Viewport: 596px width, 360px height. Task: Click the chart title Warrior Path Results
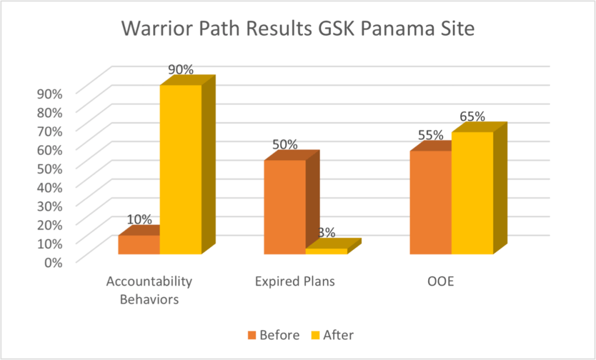298,29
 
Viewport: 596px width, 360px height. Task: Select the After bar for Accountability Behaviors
181,169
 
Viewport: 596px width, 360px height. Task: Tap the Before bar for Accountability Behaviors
139,244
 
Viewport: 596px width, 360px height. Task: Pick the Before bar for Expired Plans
284,207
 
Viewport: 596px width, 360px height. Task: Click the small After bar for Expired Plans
326,250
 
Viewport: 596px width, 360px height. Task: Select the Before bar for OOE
431,202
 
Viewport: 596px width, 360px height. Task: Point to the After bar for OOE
472,193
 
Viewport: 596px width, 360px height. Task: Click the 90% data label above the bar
181,69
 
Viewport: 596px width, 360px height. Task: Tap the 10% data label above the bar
139,220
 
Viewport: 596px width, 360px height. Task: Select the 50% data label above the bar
284,144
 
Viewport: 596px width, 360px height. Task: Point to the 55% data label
431,135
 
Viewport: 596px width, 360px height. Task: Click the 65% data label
472,116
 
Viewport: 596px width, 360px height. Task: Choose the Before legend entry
273,335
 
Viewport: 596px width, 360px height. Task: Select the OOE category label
440,282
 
